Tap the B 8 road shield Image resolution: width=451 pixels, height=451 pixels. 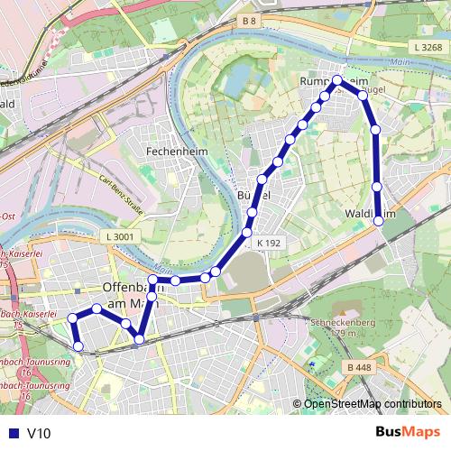pos(250,20)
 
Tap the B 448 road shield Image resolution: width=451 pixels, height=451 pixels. pos(359,367)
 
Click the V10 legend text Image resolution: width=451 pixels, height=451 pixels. pos(40,433)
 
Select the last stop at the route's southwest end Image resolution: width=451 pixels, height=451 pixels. pos(78,345)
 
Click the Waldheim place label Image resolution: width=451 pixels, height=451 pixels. pos(371,214)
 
